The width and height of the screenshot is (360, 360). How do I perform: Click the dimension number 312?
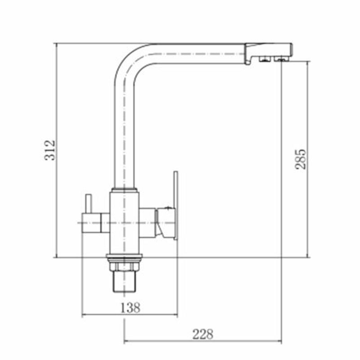tap(50, 150)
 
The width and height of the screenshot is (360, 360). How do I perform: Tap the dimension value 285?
tap(301, 159)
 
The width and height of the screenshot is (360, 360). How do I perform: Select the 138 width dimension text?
tap(130, 307)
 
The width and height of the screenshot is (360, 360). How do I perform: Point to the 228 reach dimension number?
tap(203, 334)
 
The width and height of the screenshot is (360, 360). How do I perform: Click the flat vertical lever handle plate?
tap(175, 206)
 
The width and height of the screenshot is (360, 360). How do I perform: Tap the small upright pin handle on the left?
tap(89, 204)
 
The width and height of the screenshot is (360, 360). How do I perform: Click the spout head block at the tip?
tap(269, 52)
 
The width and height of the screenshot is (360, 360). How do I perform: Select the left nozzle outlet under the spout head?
tap(265, 59)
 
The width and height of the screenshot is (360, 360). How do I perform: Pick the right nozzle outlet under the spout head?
tap(280, 59)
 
